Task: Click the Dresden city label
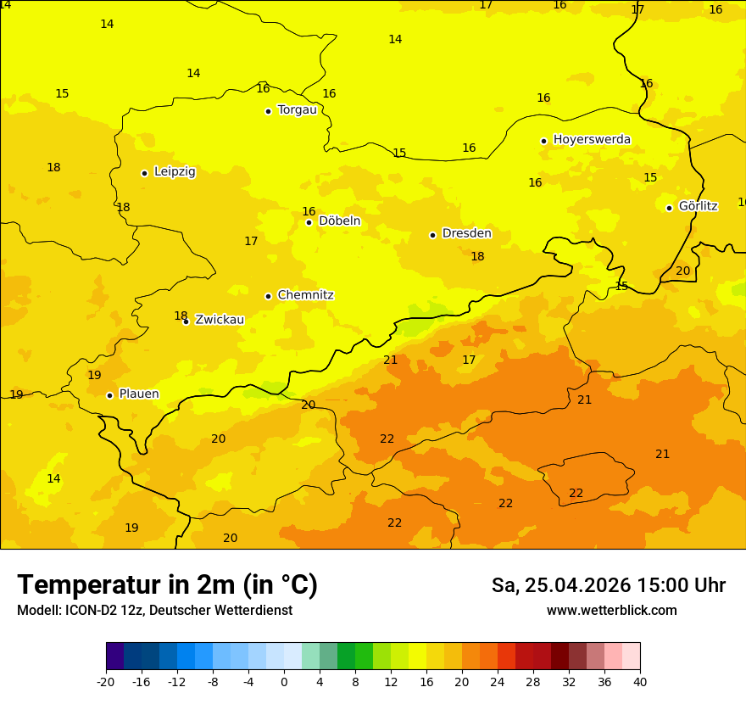click(x=466, y=233)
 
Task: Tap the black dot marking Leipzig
click(x=145, y=173)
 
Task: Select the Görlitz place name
click(x=698, y=206)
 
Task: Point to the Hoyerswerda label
click(x=592, y=139)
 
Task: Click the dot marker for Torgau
click(x=268, y=111)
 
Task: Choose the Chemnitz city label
click(x=305, y=295)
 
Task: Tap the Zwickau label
click(x=220, y=320)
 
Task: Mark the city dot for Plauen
click(x=109, y=395)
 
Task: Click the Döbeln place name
click(x=339, y=221)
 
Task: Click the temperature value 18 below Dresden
click(x=477, y=256)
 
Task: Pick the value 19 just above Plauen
click(x=94, y=375)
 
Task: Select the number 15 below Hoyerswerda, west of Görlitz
click(x=650, y=177)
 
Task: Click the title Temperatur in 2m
click(x=167, y=585)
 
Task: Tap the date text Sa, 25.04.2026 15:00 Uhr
click(x=608, y=585)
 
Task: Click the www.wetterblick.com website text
click(x=611, y=611)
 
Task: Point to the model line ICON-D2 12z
click(x=154, y=611)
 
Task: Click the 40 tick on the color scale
click(x=639, y=681)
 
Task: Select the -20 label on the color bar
click(x=105, y=681)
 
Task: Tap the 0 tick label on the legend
click(x=284, y=681)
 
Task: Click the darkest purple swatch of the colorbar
click(x=114, y=657)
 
